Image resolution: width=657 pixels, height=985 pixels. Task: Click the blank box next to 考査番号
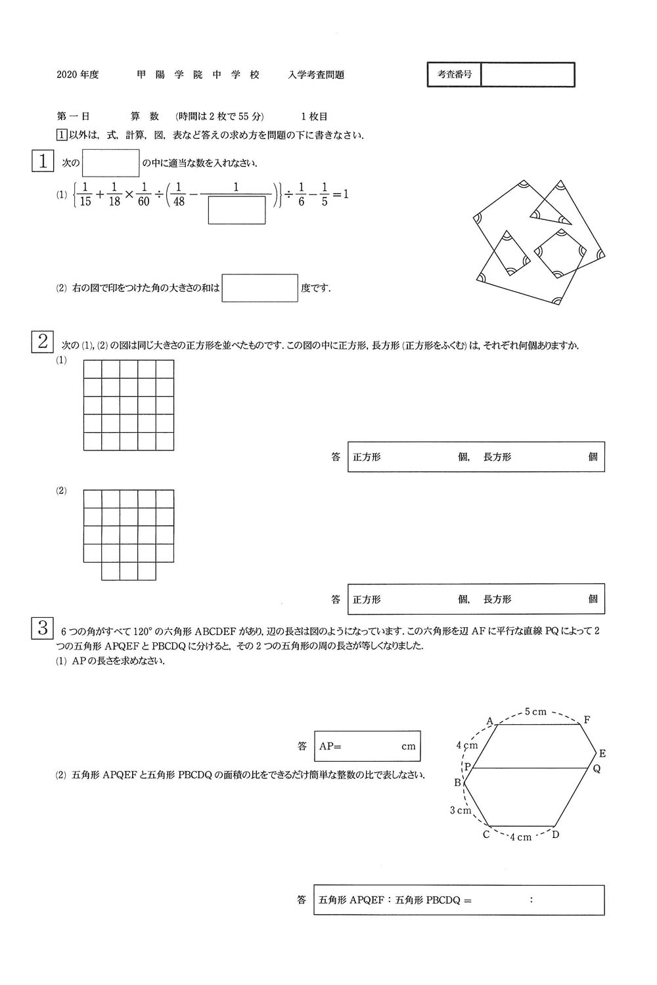click(528, 75)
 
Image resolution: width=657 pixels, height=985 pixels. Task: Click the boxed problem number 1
click(43, 161)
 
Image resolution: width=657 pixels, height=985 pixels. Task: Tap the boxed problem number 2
click(43, 341)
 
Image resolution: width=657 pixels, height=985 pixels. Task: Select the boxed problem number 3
click(43, 628)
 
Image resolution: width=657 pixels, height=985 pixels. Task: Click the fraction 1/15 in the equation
click(85, 194)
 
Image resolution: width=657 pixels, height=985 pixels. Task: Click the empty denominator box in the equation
click(237, 210)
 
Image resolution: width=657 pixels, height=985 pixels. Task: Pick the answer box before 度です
click(260, 288)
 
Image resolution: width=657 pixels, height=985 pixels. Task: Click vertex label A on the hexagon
click(489, 721)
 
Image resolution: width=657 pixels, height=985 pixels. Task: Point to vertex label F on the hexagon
click(587, 720)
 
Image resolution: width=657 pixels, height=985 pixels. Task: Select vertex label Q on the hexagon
click(597, 768)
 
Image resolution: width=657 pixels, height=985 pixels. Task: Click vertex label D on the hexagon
click(556, 835)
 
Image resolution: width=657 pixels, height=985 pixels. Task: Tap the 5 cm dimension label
click(535, 712)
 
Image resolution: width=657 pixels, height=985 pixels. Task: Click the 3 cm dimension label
click(461, 810)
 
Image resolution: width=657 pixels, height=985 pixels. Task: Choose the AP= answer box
click(367, 746)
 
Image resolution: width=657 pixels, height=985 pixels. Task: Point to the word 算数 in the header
click(145, 116)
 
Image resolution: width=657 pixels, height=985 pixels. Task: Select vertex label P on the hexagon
click(467, 766)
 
